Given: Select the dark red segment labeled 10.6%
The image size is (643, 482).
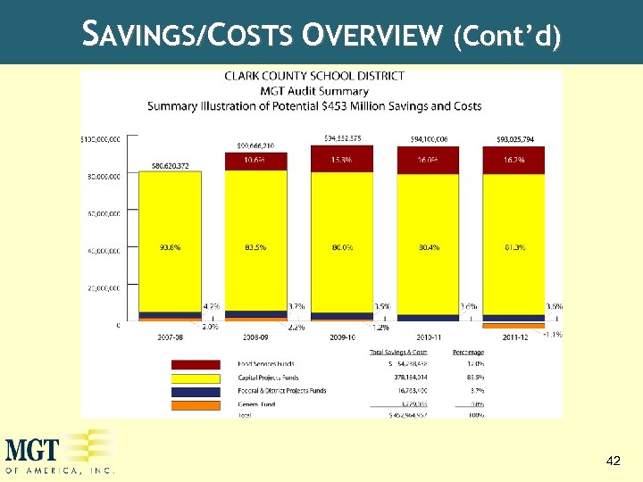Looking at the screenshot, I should coord(255,160).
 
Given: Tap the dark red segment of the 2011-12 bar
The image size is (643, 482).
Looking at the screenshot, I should coord(514,160).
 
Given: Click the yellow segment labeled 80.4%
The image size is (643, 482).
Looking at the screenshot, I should coord(427,247).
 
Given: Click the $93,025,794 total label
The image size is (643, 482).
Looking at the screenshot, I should coord(515,139).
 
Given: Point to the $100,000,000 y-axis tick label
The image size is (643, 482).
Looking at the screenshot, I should coord(101,139).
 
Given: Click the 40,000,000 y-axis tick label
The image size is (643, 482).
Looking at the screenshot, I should coord(104,252).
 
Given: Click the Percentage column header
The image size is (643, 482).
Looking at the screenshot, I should coord(469,352).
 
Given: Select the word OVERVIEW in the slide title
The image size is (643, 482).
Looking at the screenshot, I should coord(373,35).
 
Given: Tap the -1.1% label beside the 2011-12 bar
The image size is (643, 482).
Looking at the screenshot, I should coord(553,335).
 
